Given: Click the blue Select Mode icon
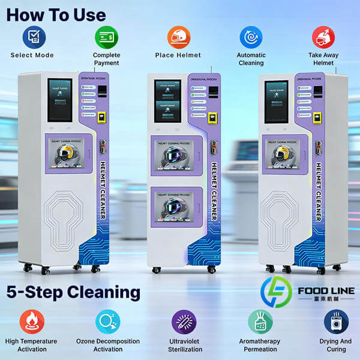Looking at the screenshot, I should (34, 38).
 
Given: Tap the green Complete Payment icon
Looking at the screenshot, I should (106, 38).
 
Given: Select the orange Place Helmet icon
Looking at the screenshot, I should (178, 37).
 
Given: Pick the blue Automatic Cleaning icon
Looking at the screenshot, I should (251, 37).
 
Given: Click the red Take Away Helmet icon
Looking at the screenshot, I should (323, 37).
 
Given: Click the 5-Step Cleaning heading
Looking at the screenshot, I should (73, 293).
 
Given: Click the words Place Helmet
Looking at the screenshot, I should (179, 56).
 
